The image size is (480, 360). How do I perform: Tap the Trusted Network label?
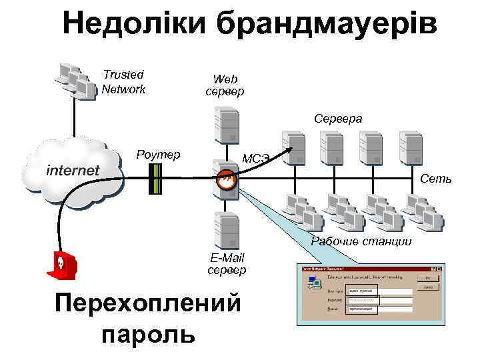point(123,82)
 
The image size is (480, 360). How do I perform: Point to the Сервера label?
point(339,118)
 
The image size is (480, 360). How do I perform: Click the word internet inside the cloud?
point(73,170)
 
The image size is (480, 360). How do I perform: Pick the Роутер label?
point(158,155)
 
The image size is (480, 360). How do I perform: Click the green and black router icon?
point(155,179)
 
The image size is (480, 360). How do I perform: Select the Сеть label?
point(436,179)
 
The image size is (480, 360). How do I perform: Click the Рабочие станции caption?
point(361,241)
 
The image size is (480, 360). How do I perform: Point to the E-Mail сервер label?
point(227,263)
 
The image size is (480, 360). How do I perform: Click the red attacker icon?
point(61,265)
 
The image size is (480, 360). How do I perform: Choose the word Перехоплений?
point(148,303)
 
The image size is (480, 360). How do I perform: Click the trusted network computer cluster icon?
point(75,81)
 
